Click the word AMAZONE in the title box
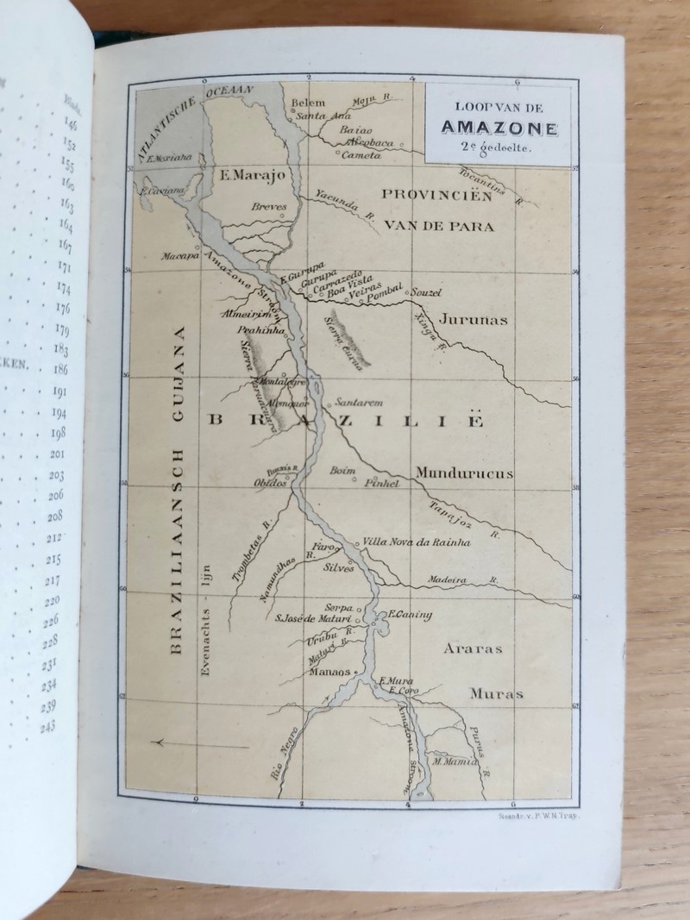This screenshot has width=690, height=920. (x=499, y=128)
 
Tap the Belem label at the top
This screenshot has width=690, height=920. (x=309, y=103)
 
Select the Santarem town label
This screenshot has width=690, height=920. (x=358, y=403)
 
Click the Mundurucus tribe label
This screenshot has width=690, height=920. (x=463, y=473)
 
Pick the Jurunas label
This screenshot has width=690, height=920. (x=474, y=319)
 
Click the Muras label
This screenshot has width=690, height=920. (x=497, y=693)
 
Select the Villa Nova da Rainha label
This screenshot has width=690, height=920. (x=405, y=541)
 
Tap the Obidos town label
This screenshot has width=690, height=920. (x=270, y=483)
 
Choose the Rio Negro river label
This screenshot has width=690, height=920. (x=285, y=758)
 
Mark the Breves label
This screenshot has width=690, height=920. (x=269, y=207)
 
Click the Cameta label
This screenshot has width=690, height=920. (x=361, y=156)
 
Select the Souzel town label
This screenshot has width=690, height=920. (x=425, y=292)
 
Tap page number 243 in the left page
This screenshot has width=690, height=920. (x=47, y=727)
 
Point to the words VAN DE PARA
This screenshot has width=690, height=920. (x=439, y=226)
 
